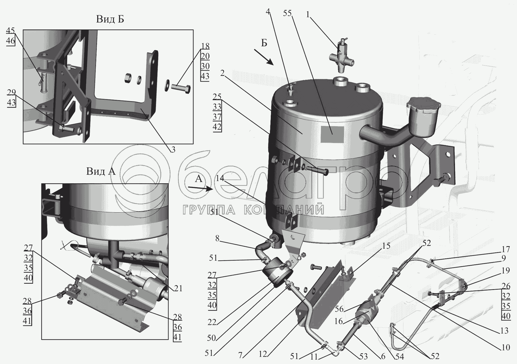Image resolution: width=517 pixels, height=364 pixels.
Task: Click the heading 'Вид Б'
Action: (110, 20)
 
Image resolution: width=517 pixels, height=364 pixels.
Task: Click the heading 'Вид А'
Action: (101, 172)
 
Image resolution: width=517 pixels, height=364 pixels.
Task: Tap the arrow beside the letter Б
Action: (264, 57)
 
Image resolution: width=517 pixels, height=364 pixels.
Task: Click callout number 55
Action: (287, 14)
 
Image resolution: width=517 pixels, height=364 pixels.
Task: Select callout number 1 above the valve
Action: (308, 15)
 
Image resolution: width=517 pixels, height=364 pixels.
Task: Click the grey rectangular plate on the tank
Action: (332, 134)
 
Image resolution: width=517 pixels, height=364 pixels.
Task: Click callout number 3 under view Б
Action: (173, 150)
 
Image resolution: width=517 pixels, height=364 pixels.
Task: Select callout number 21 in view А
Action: (179, 288)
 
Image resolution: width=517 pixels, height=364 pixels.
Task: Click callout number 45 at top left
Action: (10, 31)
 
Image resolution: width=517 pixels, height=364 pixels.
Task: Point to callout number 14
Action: (220, 178)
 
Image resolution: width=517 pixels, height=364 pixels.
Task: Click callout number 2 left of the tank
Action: (222, 74)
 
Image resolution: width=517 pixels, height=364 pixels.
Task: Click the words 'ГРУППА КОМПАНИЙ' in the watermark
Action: (253, 210)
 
